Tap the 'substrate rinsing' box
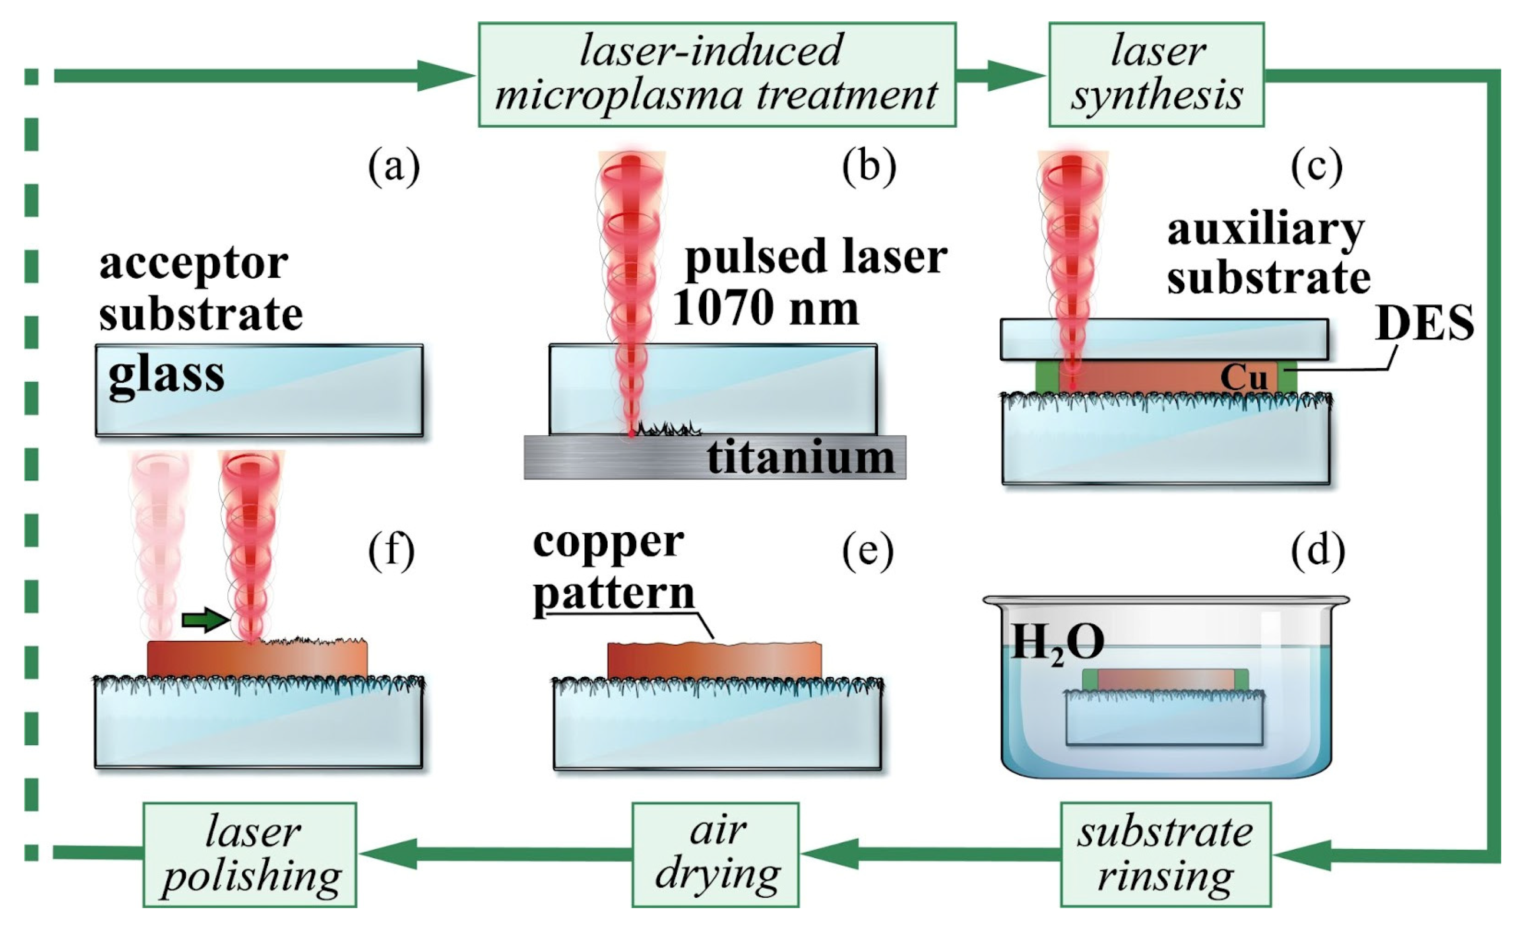pos(1165,854)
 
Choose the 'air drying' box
pos(715,854)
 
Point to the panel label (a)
pos(394,167)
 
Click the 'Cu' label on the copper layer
pos(1244,377)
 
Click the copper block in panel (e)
pos(715,661)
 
